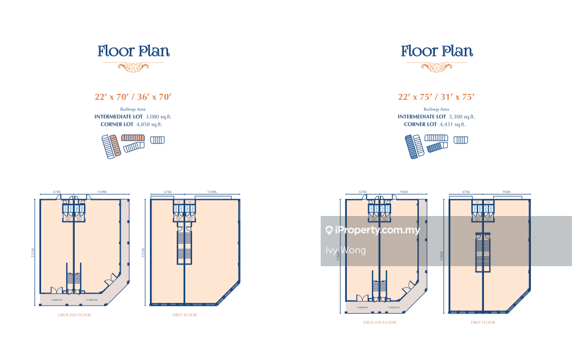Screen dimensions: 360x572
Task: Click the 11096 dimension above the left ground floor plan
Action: click(x=101, y=191)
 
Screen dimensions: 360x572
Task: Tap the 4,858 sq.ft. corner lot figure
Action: click(x=149, y=124)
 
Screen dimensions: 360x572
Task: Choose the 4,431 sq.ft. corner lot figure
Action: click(x=452, y=124)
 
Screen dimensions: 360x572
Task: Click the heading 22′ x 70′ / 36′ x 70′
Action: click(x=133, y=97)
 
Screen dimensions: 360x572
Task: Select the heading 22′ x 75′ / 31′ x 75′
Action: click(x=436, y=97)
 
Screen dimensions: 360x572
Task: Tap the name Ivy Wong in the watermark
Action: click(x=346, y=250)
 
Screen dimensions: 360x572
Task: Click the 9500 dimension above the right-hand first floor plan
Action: click(x=506, y=191)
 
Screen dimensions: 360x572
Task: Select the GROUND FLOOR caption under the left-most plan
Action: click(x=74, y=315)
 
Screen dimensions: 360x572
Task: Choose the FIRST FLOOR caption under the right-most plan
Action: click(x=483, y=322)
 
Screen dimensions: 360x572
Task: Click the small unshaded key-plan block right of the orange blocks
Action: click(x=157, y=140)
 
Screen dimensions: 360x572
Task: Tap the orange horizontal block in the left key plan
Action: click(x=133, y=138)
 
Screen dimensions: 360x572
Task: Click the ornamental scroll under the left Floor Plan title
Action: click(x=133, y=67)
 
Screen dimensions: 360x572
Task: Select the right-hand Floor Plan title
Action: click(x=436, y=51)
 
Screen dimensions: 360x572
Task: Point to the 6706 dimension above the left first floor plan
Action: click(x=168, y=191)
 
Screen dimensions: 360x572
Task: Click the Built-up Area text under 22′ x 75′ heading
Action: click(x=436, y=109)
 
